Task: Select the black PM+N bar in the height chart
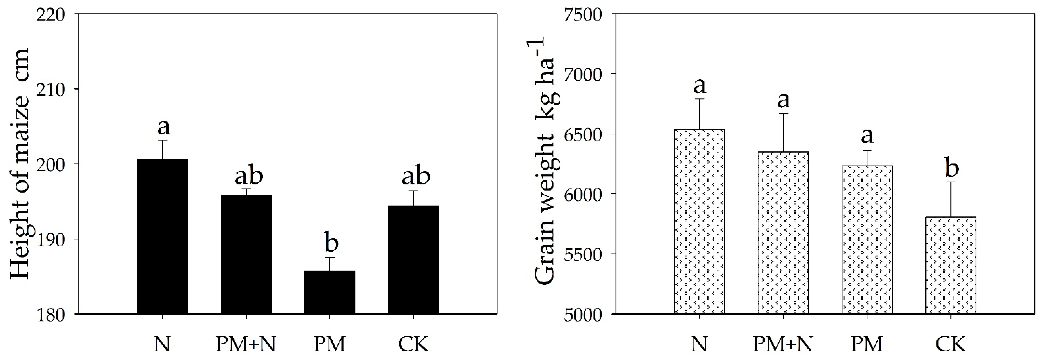tap(246, 255)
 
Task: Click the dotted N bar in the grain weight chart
tap(700, 221)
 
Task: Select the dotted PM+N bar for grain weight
tap(783, 233)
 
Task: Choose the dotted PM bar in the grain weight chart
tap(867, 240)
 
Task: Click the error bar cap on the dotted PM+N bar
tap(783, 114)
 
